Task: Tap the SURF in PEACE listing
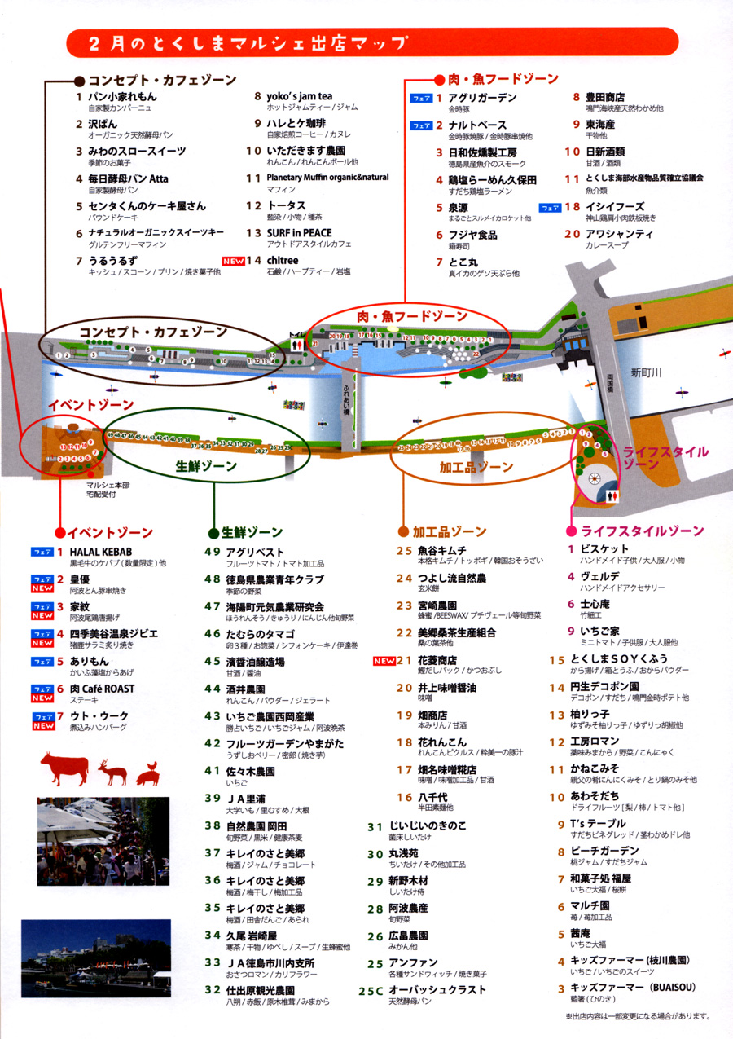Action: pyautogui.click(x=299, y=233)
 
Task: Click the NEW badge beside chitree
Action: pyautogui.click(x=234, y=261)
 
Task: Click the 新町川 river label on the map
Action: pyautogui.click(x=647, y=373)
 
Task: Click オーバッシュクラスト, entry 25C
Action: pyautogui.click(x=437, y=989)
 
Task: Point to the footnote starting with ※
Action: pyautogui.click(x=638, y=1016)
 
